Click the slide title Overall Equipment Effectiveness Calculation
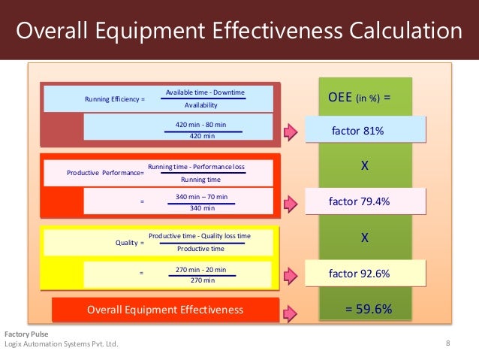point(239,32)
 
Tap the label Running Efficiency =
point(115,99)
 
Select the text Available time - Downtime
point(205,92)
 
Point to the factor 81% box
point(365,131)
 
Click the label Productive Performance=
point(105,173)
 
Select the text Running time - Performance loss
point(197,165)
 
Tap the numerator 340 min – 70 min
point(200,197)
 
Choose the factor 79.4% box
point(365,201)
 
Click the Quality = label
point(128,243)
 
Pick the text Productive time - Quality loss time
point(200,236)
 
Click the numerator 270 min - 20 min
point(200,269)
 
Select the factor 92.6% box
point(365,274)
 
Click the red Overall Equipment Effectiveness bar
point(165,310)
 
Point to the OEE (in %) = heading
point(360,98)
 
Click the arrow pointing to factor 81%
point(292,132)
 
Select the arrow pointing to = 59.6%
point(292,310)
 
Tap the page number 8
point(448,344)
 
